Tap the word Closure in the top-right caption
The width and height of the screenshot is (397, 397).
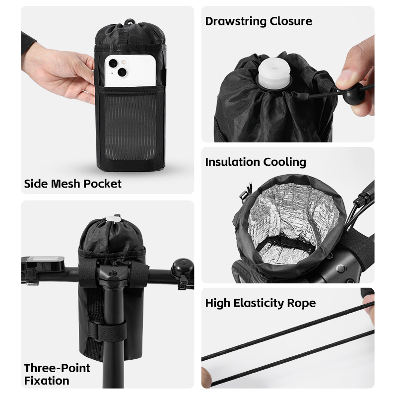(x=291, y=21)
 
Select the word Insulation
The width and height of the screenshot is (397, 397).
(x=232, y=162)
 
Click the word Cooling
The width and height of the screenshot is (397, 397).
(x=284, y=163)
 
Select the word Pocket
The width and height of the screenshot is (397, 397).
(x=102, y=184)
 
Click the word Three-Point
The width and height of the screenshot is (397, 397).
(x=57, y=368)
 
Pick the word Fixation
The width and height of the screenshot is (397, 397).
(x=47, y=381)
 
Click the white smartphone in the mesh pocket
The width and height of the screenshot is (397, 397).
(x=130, y=70)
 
